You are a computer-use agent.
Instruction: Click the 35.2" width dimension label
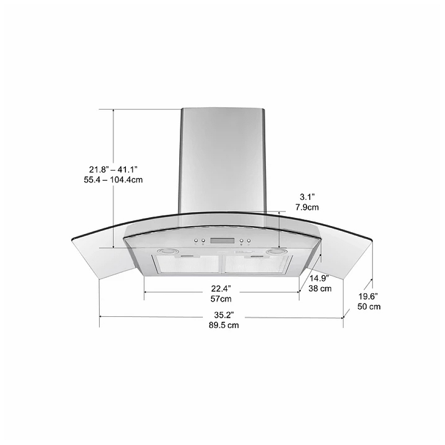click(224, 315)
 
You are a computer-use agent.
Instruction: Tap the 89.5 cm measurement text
click(224, 325)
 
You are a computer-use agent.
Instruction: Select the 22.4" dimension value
click(221, 288)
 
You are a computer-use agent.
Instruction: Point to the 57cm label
click(221, 299)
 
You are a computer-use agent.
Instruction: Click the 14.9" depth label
click(319, 278)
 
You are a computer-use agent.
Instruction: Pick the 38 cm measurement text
click(320, 288)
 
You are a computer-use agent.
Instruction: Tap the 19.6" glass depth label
click(368, 296)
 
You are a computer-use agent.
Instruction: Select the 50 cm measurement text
click(368, 307)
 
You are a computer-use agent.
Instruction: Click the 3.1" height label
click(307, 197)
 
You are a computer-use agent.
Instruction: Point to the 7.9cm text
click(307, 207)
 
